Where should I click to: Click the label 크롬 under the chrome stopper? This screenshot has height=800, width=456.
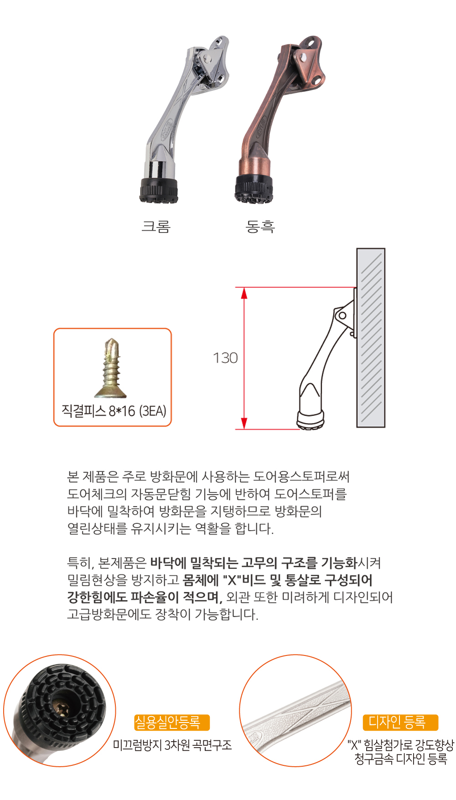click(156, 227)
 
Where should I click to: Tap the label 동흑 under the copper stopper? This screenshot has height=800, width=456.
click(260, 227)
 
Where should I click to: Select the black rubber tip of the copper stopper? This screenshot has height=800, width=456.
click(254, 188)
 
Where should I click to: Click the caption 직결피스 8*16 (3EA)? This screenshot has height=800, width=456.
click(114, 411)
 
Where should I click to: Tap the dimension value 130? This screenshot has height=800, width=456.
click(225, 358)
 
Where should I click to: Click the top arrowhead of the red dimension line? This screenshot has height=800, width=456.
click(244, 293)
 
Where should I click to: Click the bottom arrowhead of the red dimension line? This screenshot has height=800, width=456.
click(244, 423)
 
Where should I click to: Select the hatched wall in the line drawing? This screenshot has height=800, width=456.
click(371, 338)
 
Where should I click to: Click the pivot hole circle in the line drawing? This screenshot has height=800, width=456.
click(342, 315)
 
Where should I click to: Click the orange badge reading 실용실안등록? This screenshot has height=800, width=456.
click(172, 723)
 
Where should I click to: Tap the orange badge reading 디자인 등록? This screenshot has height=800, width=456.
click(400, 723)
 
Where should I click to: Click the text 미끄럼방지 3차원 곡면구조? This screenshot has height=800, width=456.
click(172, 745)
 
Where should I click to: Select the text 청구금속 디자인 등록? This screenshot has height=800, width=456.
click(401, 759)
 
